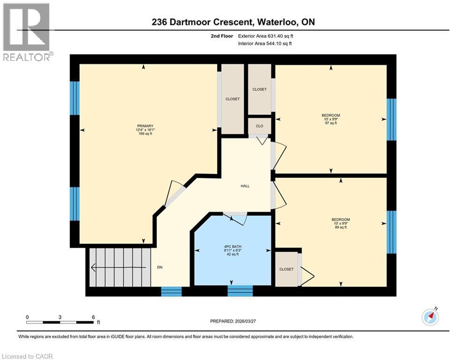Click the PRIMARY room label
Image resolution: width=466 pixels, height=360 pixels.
145,130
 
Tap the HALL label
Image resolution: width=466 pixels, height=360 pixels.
245,186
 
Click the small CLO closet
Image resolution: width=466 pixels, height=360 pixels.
259,126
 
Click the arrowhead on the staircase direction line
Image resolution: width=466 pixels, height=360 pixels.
94,268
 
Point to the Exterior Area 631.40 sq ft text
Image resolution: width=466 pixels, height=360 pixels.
266,36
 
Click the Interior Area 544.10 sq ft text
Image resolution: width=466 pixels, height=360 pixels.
266,44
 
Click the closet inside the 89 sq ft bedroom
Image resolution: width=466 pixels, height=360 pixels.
286,269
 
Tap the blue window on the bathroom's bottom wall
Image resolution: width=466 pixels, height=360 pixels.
237,291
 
